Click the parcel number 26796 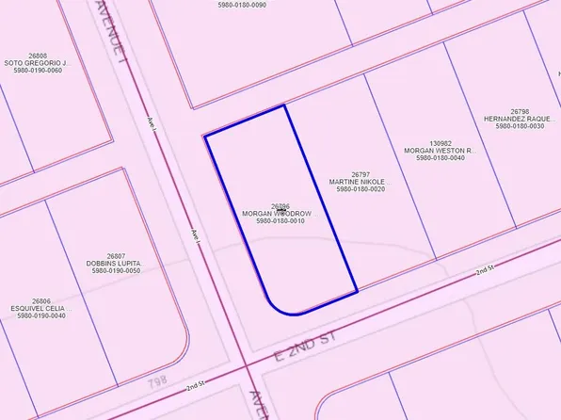[x=279, y=205]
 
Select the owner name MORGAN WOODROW [x=277, y=214]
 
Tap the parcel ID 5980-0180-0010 [x=277, y=221]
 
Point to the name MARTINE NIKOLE [x=360, y=182]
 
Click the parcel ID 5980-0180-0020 [x=360, y=189]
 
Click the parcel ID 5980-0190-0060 [x=38, y=70]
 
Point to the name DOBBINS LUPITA [x=116, y=263]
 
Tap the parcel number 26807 [x=116, y=255]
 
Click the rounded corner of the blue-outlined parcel [x=276, y=304]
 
